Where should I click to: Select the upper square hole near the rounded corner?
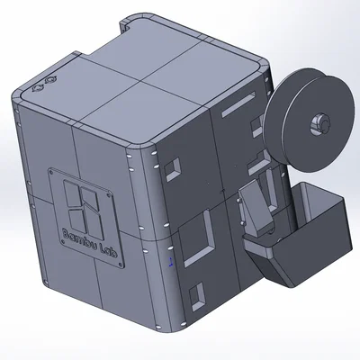pos(173,166)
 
